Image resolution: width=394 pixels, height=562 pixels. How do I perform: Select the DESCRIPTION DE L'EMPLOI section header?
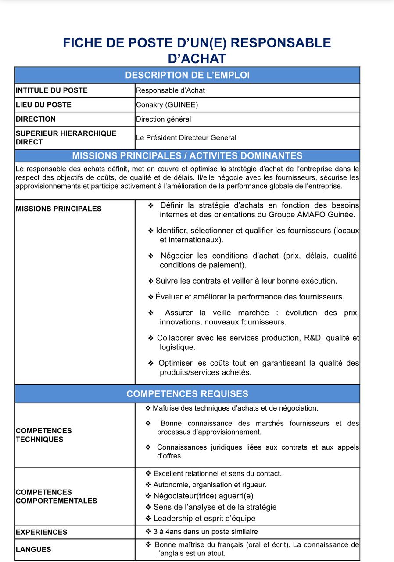[x=187, y=75]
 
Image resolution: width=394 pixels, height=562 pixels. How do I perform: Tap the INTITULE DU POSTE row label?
[x=52, y=90]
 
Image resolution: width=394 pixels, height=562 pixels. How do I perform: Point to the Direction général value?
[x=163, y=119]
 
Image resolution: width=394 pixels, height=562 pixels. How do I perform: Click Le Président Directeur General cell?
[x=186, y=138]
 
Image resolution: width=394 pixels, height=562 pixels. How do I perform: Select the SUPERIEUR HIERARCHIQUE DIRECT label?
[x=66, y=137]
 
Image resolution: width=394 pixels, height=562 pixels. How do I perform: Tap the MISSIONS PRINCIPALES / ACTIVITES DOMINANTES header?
[x=187, y=156]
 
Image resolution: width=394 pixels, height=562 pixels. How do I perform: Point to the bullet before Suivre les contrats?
[x=151, y=281]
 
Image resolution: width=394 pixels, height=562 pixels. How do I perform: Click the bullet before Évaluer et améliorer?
[x=151, y=297]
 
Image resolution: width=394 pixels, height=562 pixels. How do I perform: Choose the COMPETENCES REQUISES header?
[x=187, y=394]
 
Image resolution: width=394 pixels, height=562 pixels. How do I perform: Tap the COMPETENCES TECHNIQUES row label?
[x=44, y=435]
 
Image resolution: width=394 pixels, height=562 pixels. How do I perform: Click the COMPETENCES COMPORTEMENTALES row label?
[x=56, y=497]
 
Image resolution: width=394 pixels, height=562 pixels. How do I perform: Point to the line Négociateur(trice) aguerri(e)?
[x=204, y=496]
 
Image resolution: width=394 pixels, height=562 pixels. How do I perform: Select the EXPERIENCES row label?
[x=42, y=532]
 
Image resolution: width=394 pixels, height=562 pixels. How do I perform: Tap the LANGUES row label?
[x=33, y=549]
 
